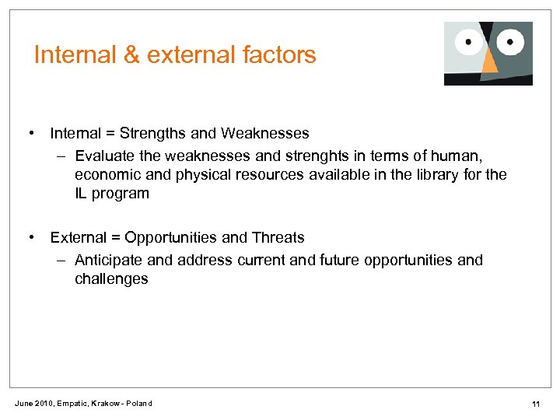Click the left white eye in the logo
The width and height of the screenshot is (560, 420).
tap(469, 40)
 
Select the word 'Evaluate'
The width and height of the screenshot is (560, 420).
tap(105, 155)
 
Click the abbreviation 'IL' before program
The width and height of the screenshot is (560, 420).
tap(81, 194)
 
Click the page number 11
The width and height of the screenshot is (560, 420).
tap(536, 404)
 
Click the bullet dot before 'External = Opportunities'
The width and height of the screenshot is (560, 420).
tap(31, 237)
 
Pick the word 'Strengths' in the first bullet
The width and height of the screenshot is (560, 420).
tap(146, 133)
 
